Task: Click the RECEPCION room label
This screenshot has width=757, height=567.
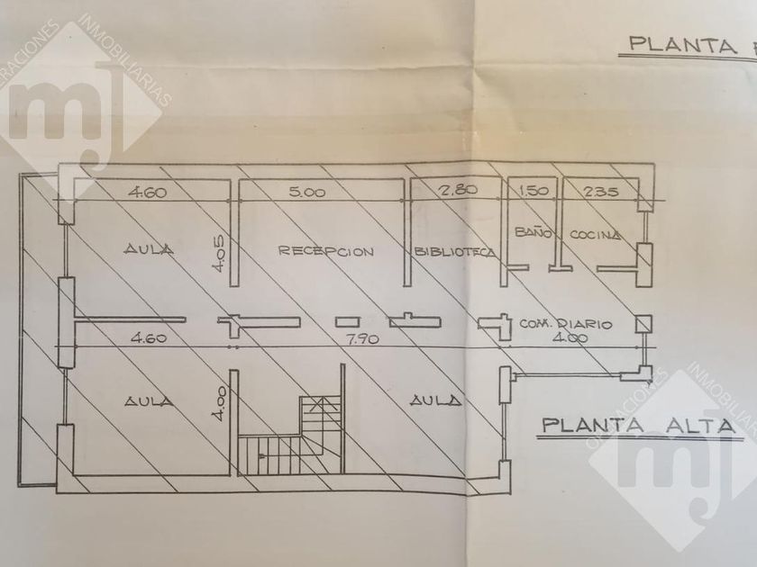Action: click(325, 251)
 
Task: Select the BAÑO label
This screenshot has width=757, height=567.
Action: click(526, 234)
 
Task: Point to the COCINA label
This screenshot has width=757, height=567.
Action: click(596, 235)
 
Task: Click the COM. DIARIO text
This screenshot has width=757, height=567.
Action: click(567, 323)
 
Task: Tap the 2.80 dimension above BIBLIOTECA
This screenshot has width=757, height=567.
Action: click(458, 191)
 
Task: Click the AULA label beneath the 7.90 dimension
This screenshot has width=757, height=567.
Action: click(436, 400)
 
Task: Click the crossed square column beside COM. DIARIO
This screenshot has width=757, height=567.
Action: click(643, 324)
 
